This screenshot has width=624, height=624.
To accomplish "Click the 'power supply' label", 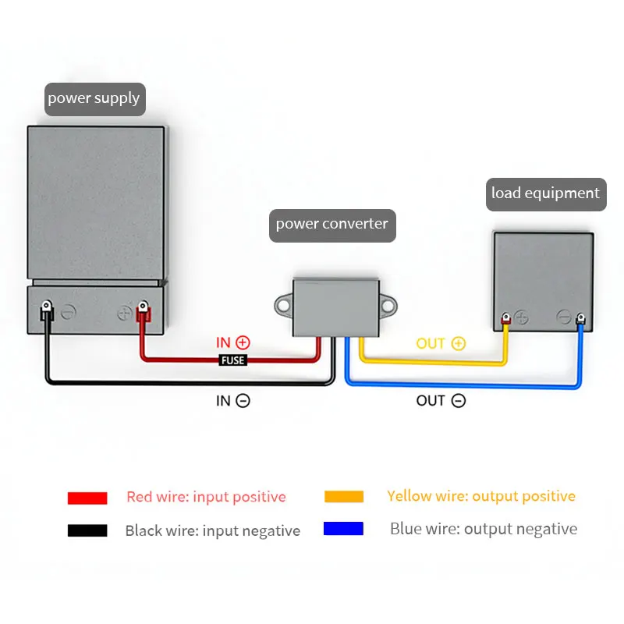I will coord(94,99).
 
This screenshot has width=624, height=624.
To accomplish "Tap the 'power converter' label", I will coord(331,225).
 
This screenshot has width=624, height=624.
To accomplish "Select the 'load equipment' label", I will coord(545,193).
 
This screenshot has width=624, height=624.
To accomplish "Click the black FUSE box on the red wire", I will coord(232,360).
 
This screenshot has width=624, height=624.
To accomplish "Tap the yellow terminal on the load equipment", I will coord(506,319).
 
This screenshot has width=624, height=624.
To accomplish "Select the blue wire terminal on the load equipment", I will coord(580,319).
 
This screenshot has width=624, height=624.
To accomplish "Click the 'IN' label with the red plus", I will coord(232,342).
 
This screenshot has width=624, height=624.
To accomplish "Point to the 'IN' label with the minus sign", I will coord(232,401).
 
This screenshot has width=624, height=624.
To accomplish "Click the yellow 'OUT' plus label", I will coord(440,343).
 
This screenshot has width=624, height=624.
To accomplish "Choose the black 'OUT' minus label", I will coord(440,401).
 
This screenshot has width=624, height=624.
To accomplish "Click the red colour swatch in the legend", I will coord(87,498).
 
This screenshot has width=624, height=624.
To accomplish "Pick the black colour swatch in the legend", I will coord(87,530).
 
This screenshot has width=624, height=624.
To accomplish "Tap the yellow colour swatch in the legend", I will coord(343,497).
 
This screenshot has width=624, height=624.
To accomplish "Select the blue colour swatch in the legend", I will coord(343,529).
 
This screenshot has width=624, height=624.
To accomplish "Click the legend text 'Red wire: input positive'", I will coord(206,497).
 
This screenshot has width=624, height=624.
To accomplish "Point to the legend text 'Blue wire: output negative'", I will coord(484,529).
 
